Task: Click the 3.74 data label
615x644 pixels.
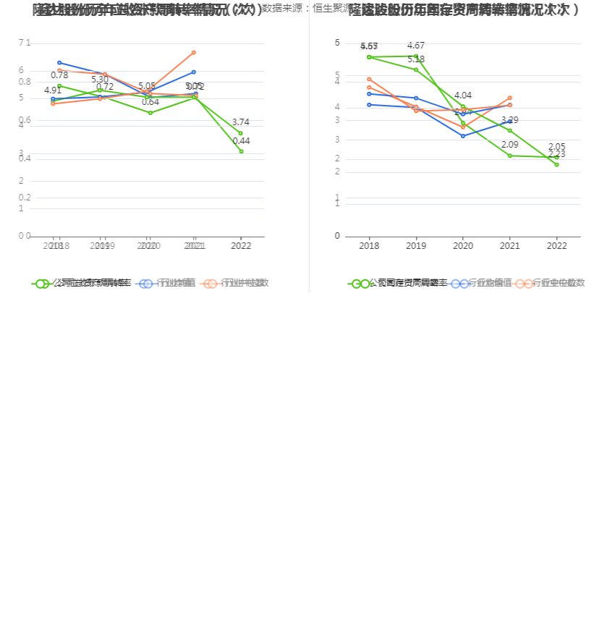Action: click(x=241, y=122)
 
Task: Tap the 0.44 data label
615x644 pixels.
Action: click(x=241, y=141)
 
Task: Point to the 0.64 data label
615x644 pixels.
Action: click(x=150, y=102)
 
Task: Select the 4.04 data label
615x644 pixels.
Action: click(x=463, y=96)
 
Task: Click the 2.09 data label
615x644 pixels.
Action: click(x=510, y=145)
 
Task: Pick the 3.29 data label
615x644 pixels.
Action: click(x=510, y=120)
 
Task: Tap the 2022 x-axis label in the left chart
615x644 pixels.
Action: click(x=241, y=246)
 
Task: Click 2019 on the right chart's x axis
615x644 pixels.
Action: click(x=416, y=246)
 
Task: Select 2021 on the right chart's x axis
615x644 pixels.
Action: click(x=510, y=246)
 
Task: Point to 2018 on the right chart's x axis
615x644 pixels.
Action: click(x=369, y=246)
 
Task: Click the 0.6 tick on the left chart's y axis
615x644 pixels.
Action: click(x=25, y=120)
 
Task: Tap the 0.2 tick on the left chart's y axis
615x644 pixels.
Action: click(x=25, y=197)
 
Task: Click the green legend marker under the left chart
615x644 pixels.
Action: click(x=42, y=284)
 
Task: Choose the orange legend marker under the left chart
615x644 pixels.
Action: click(x=211, y=284)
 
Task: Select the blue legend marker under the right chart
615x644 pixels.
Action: click(x=459, y=284)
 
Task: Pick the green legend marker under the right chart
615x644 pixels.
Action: click(x=359, y=284)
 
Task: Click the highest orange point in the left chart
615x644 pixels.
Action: click(x=194, y=53)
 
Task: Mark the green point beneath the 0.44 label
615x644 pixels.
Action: click(x=241, y=151)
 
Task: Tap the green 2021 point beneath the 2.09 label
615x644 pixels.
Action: click(x=510, y=156)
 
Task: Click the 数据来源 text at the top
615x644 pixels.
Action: click(x=284, y=9)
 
